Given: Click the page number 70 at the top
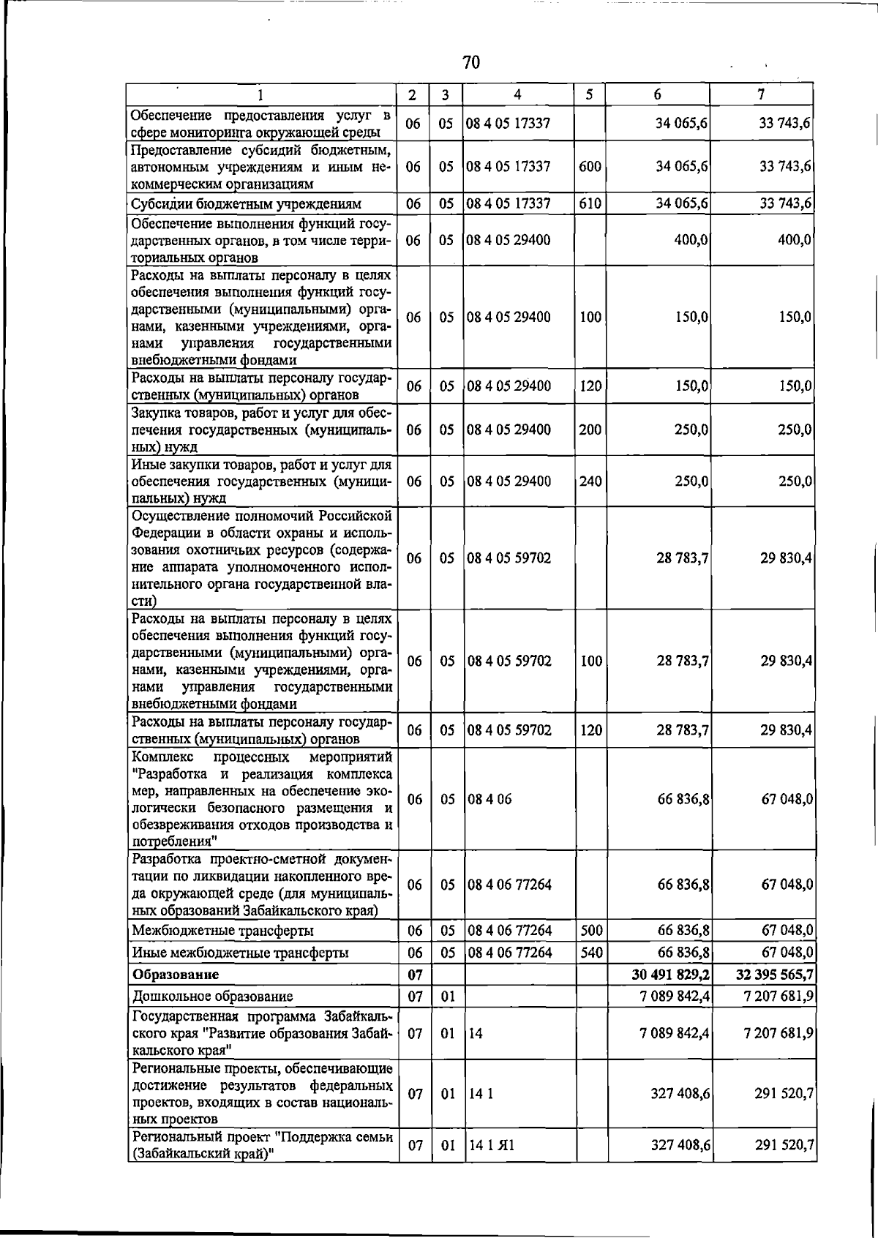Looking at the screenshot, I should (x=471, y=63).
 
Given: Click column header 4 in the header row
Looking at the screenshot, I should (x=517, y=94).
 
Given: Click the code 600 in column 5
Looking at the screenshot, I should (x=590, y=167).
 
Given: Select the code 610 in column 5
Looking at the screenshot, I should (x=590, y=203).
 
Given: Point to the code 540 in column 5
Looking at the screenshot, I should (x=590, y=953).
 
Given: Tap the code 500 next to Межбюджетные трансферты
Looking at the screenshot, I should (x=590, y=931).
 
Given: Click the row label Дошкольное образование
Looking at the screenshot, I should (x=212, y=997).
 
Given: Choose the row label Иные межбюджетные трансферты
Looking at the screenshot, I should (x=240, y=953).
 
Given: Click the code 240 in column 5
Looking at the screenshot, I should (x=590, y=481).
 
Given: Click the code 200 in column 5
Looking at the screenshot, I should (x=590, y=429).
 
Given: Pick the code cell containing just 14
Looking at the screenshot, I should (x=476, y=1033).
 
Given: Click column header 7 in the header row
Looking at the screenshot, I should (x=762, y=94).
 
